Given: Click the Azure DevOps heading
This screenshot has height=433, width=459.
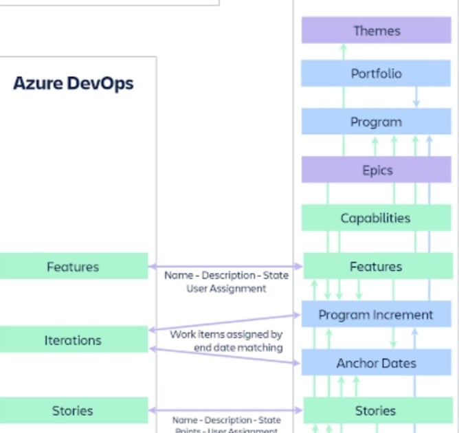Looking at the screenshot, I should [74, 84].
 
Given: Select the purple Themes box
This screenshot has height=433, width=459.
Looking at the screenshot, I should [376, 30].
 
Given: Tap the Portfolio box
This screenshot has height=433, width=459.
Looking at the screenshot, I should [376, 74].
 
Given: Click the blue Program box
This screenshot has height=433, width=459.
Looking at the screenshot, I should [376, 122].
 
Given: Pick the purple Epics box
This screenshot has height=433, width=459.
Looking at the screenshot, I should [376, 170].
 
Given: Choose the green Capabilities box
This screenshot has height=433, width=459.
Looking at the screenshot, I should [376, 218].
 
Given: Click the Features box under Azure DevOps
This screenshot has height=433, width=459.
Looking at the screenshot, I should [73, 267].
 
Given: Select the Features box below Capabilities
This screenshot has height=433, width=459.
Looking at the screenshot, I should [377, 267].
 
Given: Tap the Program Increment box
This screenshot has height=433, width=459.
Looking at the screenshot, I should [376, 315].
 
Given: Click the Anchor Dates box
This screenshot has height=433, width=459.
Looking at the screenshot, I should [376, 363].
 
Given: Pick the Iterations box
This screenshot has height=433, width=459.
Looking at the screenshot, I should [73, 340].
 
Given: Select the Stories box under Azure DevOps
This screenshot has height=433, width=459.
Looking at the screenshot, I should [73, 410].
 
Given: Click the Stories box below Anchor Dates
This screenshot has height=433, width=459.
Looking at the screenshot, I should [376, 410].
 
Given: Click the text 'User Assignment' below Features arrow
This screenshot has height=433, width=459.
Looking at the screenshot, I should [226, 289].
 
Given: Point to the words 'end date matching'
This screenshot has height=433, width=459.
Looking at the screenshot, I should [238, 348].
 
